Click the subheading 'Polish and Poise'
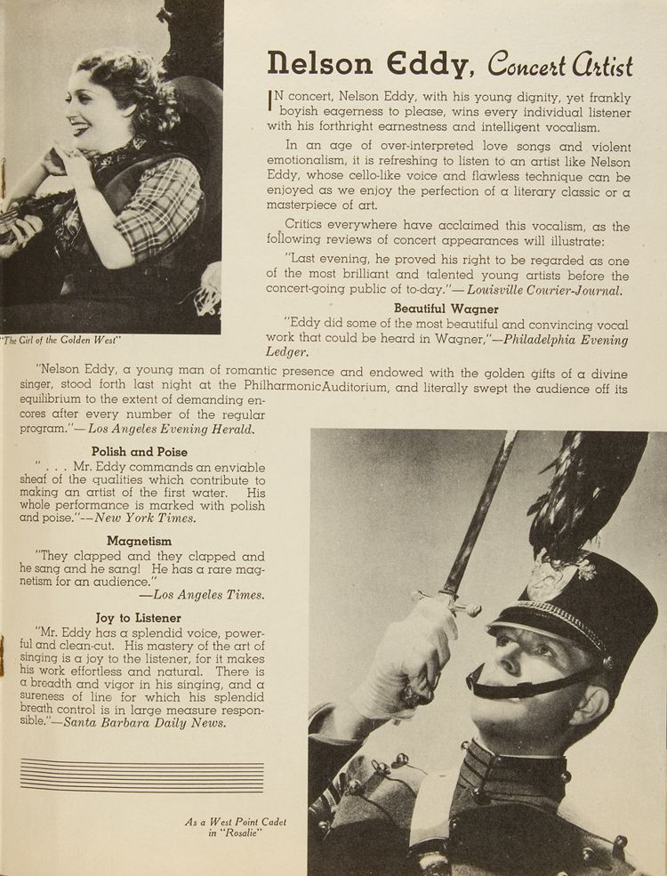click(140, 452)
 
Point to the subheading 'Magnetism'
click(140, 541)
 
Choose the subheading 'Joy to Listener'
click(139, 617)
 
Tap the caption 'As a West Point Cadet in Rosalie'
click(237, 828)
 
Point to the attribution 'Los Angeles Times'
click(208, 595)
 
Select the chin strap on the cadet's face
click(525, 683)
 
